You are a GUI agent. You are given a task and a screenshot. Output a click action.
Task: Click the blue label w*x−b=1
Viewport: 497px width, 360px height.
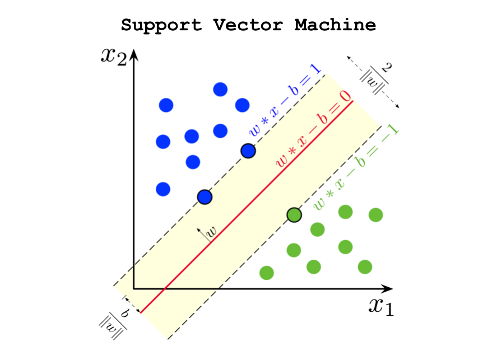tap(286, 101)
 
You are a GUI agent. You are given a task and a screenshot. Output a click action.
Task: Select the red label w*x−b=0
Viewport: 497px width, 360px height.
tap(314, 129)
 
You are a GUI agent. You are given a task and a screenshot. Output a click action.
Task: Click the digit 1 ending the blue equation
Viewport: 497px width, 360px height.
tap(315, 69)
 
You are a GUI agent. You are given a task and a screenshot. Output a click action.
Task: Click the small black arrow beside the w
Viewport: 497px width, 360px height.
tap(202, 234)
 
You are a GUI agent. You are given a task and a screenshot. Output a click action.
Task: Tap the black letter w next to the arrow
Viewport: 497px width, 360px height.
tap(212, 231)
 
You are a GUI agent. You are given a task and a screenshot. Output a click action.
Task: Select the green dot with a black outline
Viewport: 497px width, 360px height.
tap(294, 214)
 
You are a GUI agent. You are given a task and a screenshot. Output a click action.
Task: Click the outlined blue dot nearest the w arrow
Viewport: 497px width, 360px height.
tap(205, 197)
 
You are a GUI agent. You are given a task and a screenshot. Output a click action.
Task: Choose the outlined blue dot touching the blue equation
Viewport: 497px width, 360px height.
tap(248, 151)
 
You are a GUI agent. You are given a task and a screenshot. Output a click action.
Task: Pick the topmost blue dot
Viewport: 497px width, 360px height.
tap(220, 89)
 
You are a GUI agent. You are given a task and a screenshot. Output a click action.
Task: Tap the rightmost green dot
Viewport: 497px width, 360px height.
tap(375, 215)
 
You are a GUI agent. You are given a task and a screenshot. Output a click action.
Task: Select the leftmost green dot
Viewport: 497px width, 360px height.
tap(267, 273)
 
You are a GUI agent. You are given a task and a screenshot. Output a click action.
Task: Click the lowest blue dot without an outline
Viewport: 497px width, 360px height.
tap(163, 189)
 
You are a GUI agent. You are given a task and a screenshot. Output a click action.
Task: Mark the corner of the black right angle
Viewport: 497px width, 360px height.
tap(133, 288)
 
